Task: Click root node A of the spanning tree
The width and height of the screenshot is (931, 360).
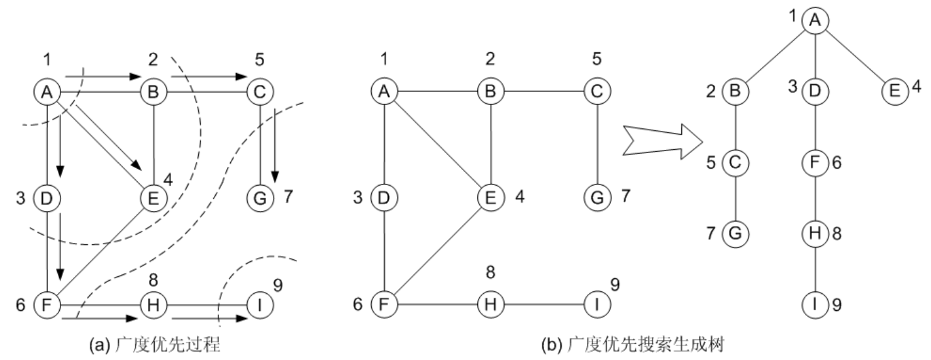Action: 815,21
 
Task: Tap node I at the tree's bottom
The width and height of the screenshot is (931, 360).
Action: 815,307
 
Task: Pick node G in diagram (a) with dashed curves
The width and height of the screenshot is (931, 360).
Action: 260,198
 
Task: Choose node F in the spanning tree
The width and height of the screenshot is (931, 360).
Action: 815,163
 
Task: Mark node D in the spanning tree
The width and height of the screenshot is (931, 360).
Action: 815,92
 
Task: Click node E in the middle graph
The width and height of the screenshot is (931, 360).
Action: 489,198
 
